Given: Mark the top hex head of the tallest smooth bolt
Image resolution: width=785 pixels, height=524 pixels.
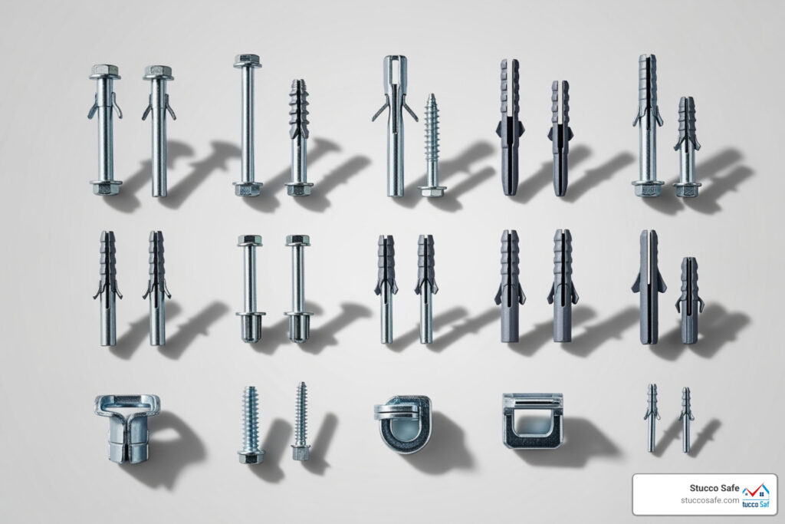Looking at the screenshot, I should [247, 60].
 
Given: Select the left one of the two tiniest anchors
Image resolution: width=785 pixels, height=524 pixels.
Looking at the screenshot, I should [651, 417].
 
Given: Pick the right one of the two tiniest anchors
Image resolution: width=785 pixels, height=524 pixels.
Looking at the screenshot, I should [685, 419].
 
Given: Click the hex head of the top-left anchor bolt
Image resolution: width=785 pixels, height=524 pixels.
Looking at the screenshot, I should [104, 72].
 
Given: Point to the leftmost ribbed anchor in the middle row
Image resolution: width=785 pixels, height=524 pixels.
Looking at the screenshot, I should [107, 288].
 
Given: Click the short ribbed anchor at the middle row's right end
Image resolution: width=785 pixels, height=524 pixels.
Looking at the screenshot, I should [689, 299].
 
